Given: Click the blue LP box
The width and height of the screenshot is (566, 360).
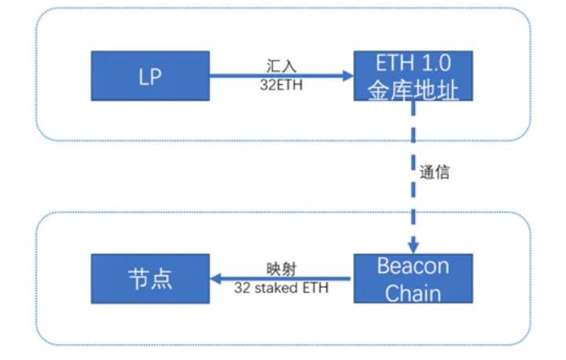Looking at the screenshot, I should click(150, 76).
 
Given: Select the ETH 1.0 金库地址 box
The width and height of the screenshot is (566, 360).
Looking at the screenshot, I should click(413, 76).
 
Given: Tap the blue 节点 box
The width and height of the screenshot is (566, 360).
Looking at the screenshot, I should click(150, 278).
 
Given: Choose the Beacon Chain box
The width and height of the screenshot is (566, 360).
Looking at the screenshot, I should click(413, 278).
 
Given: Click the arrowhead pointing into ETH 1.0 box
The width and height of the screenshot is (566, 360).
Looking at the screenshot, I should click(347, 76).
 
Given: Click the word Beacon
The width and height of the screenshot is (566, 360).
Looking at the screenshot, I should click(413, 266).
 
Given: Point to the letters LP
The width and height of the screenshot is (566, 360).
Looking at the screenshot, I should click(150, 77).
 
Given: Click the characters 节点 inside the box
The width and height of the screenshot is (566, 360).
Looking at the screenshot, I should click(149, 279).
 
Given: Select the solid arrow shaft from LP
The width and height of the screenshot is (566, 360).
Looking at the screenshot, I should click(275, 76).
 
